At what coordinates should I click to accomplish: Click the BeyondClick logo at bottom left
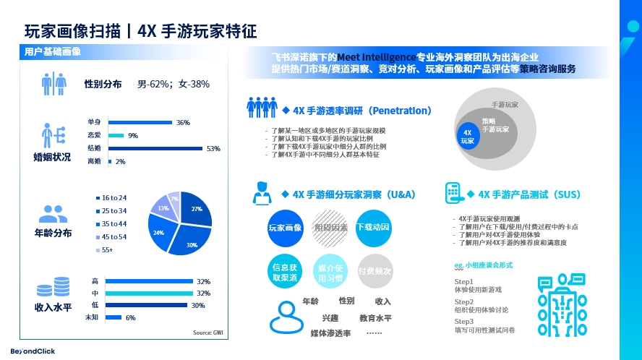click(x=27, y=351)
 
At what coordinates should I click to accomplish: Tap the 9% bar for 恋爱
click(x=116, y=135)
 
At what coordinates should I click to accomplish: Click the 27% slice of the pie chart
click(x=194, y=211)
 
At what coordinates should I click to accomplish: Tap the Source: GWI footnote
click(x=207, y=332)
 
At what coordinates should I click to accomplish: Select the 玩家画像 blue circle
click(x=284, y=228)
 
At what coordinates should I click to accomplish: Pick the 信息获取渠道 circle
click(x=284, y=271)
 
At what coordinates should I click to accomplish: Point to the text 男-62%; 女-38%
click(x=174, y=84)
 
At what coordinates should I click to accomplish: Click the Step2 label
click(x=464, y=302)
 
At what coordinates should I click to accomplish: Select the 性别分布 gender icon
click(x=54, y=84)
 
